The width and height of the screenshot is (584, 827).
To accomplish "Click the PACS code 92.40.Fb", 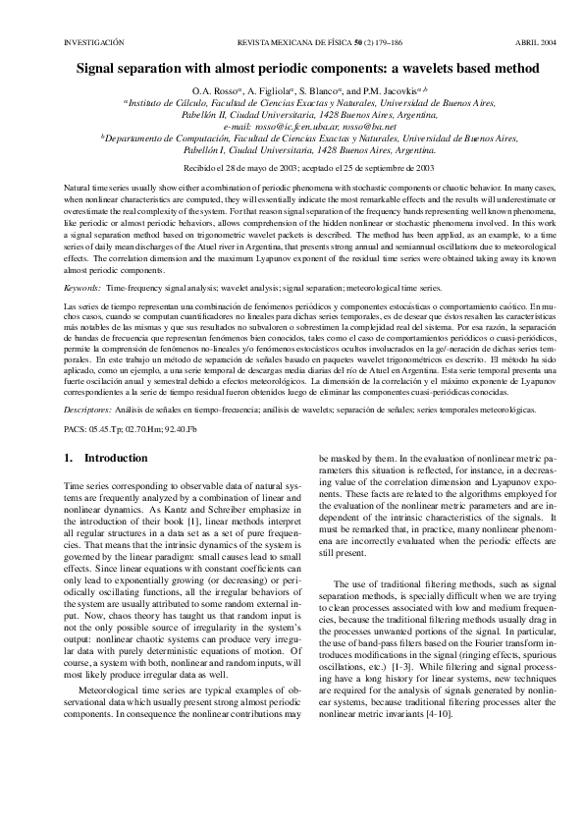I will (180, 428).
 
